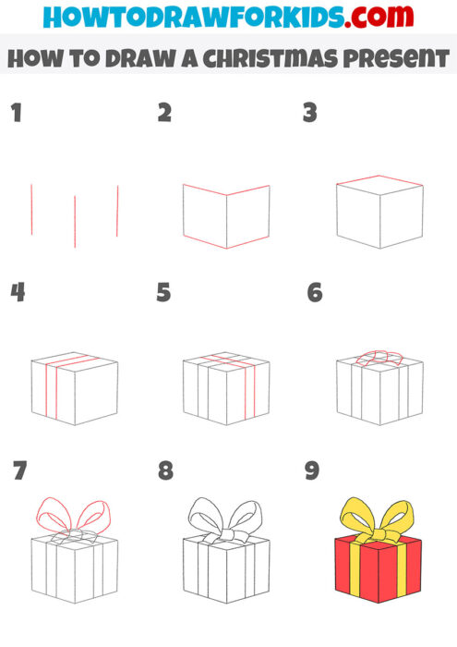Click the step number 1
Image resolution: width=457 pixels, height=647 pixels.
coord(16,114)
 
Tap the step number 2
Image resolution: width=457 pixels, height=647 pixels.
coord(164,114)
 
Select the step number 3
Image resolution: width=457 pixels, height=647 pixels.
coord(310,114)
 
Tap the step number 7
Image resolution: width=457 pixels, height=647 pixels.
coord(19,470)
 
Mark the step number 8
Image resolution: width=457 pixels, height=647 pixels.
coord(165,470)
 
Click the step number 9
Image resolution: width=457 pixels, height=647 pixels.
coord(312,470)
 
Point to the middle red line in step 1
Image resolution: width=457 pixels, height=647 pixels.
coord(75,221)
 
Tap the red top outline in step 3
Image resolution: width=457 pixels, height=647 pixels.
coord(379,181)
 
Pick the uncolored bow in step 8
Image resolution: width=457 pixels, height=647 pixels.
coord(226,518)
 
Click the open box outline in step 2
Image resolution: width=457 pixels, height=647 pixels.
coord(226,217)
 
